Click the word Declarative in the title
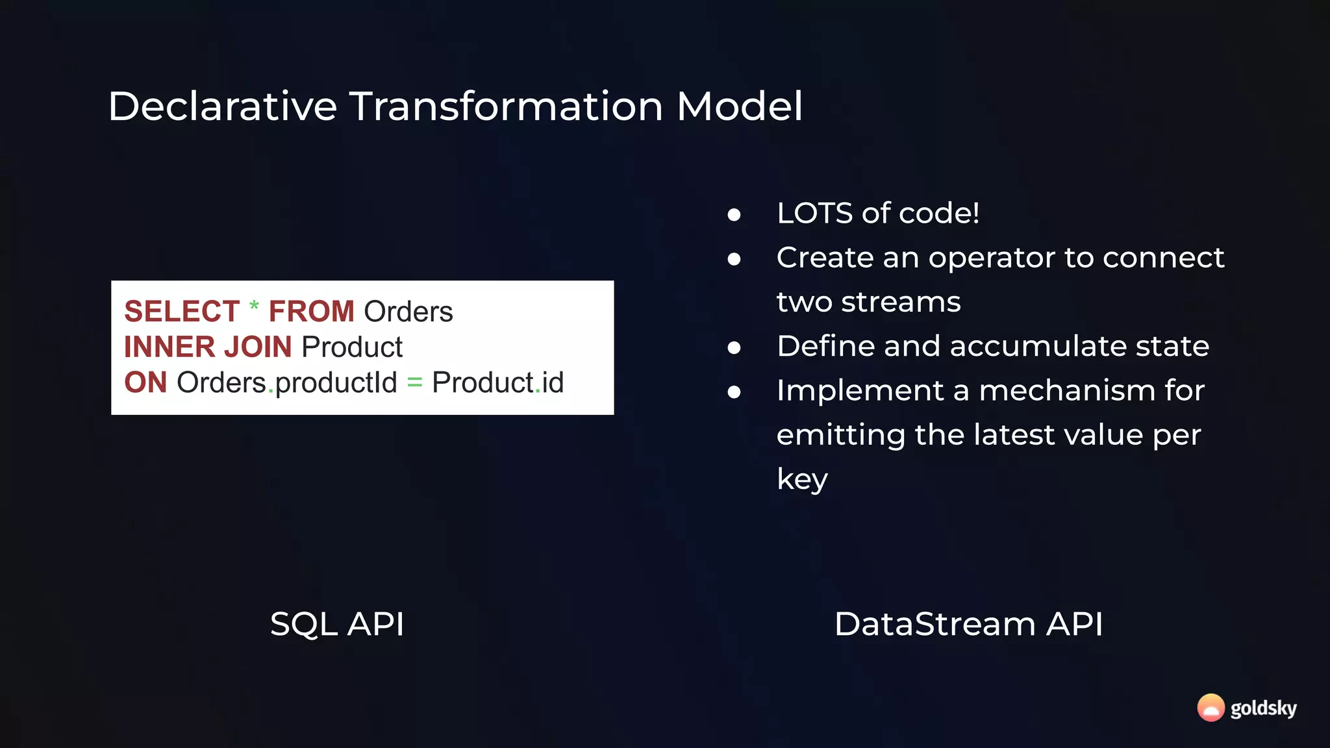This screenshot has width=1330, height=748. pos(222,106)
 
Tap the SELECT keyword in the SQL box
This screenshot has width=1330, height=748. pos(182,312)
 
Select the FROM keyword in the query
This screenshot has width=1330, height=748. pos(311,312)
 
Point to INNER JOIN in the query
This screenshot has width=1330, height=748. pos(208,347)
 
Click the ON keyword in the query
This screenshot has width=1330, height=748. pos(145,382)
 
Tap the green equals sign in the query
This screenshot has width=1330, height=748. pos(414,383)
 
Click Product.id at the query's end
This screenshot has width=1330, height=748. pos(497,382)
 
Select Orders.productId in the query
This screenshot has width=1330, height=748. pos(286,382)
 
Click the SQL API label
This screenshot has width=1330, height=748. pos(337,624)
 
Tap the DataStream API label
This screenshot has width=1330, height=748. pos(968,624)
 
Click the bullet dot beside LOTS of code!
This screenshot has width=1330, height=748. pos(734,215)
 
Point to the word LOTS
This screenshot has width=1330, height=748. pos(814,214)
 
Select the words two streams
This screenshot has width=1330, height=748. pos(868,302)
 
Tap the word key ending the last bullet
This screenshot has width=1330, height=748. pos(801,480)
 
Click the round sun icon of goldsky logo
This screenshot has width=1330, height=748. pos(1211,708)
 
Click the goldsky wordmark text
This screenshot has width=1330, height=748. pos(1263,708)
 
